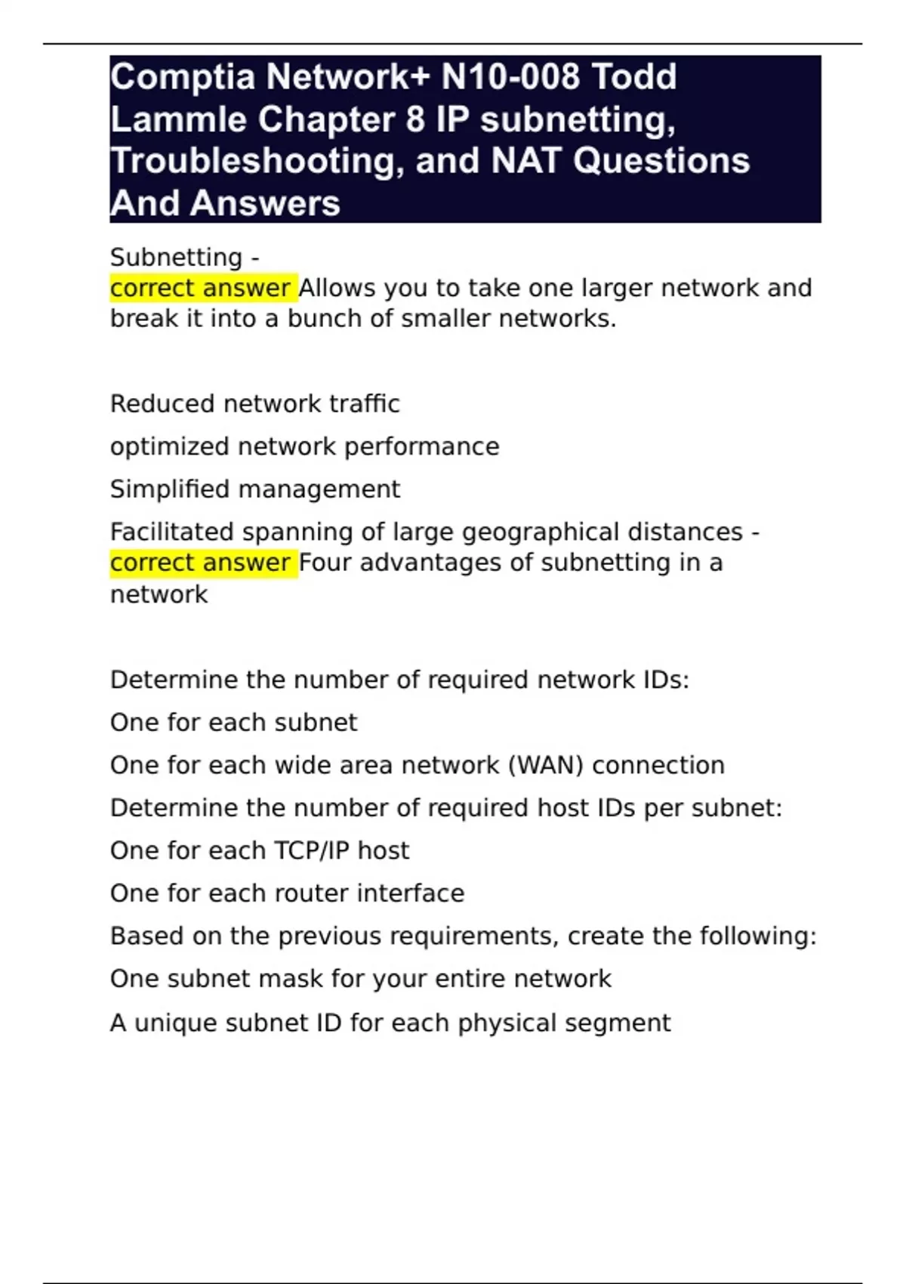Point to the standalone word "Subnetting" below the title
click(x=176, y=258)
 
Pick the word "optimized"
click(x=170, y=447)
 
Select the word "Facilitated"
click(x=171, y=532)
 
